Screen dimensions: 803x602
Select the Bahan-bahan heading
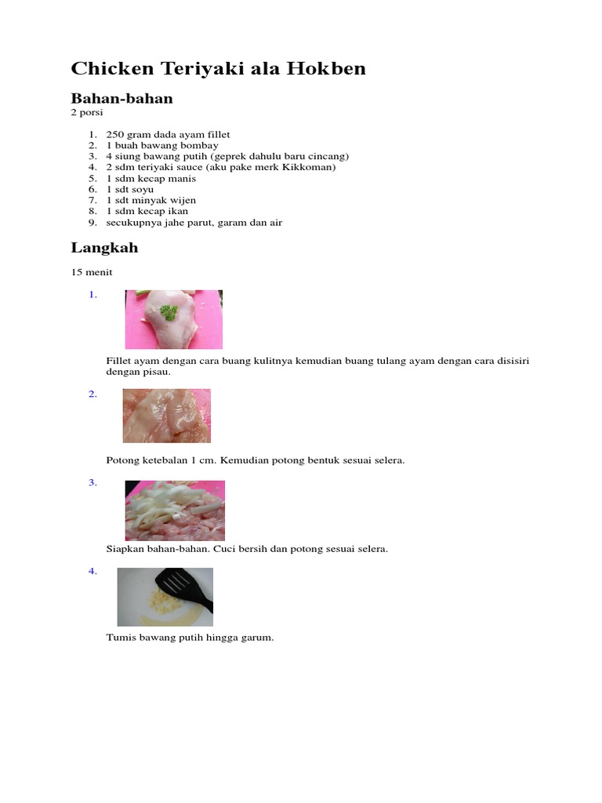121,99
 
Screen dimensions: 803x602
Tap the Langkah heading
104,248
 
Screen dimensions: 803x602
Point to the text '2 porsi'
87,112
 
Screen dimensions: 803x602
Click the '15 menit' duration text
92,272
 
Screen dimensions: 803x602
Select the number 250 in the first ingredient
114,135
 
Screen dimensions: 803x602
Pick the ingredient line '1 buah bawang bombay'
162,146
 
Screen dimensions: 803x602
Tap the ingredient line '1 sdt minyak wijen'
151,200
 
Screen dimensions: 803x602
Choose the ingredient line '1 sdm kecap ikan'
147,211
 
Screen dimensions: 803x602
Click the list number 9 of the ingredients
91,223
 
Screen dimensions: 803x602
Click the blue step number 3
92,483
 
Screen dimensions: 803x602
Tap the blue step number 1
92,295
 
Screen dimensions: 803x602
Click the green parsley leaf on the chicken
169,312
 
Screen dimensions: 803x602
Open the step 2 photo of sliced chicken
166,416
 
